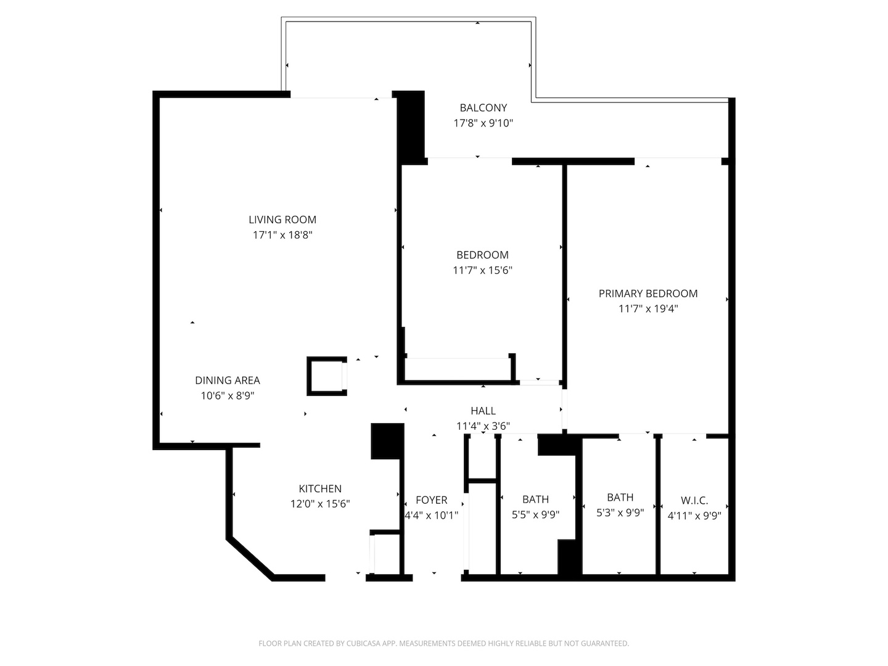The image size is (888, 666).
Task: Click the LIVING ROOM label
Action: point(282,220)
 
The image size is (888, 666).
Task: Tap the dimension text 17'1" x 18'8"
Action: point(282,235)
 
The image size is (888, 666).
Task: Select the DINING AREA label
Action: point(228,380)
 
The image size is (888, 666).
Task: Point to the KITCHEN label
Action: point(320,488)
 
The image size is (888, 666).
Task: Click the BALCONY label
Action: point(483,107)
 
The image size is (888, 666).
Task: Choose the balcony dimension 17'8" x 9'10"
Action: point(483,123)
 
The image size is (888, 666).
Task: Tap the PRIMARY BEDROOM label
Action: point(648,294)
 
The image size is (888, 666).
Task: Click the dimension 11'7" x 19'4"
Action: point(648,309)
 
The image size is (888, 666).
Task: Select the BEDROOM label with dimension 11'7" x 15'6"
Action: point(482,255)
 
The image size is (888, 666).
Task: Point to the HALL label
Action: point(483,411)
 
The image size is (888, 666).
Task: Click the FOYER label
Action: point(431,500)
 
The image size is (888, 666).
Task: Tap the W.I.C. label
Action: point(694,501)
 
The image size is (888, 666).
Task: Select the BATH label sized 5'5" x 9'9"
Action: point(535,499)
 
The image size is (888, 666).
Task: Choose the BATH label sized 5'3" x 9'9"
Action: point(620,497)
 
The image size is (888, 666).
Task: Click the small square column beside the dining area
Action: point(327,375)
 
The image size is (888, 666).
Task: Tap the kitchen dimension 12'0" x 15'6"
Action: point(320,504)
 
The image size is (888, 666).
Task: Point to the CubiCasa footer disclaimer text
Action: point(443,643)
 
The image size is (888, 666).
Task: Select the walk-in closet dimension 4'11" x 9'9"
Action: point(694,516)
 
